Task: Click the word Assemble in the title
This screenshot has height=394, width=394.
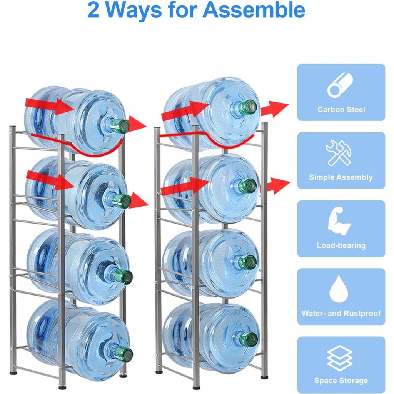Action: point(254,10)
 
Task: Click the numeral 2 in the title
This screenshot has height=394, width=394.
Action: point(93,10)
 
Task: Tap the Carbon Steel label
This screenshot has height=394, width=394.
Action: point(341,110)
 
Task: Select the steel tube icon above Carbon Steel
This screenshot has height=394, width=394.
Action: point(340,85)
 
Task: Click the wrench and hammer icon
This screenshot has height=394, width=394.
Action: point(338,153)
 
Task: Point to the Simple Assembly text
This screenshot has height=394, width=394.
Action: point(341,177)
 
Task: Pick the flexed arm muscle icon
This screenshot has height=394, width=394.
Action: point(339,221)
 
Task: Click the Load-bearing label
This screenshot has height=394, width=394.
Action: point(341,245)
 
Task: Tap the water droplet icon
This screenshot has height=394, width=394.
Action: point(339,289)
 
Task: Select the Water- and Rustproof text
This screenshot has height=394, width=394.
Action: point(341,313)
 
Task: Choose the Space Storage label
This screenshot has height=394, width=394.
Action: point(341,381)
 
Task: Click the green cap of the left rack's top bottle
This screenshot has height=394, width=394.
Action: point(120,126)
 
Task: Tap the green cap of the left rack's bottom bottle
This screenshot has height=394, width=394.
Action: point(123,354)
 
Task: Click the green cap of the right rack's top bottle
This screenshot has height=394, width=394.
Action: point(248,107)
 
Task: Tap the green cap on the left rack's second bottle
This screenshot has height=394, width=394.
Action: point(122,201)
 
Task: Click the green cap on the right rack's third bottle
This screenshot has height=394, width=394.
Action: point(248,262)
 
